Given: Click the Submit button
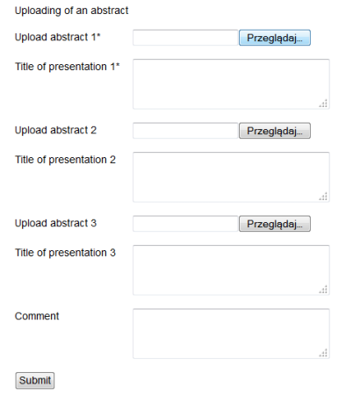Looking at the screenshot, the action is tap(35, 380).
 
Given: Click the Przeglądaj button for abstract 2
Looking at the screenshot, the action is tap(275, 131).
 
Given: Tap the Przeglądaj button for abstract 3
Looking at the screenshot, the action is tap(275, 224).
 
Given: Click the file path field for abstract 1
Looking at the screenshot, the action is tap(185, 38).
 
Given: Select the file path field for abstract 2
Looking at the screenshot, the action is tap(185, 131).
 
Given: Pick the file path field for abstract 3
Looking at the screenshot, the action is tap(185, 224).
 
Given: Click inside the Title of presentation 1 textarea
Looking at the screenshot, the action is tap(231, 84).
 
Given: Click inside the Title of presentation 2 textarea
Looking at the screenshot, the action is tap(231, 177).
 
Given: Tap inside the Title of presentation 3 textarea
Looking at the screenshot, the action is tap(231, 270).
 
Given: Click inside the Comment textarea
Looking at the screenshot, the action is tap(231, 334).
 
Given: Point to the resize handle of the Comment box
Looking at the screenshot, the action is tap(323, 353).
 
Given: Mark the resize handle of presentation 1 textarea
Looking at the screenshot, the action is tap(323, 104).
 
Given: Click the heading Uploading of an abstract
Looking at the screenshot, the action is tap(71, 11).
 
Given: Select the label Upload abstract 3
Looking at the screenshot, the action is tap(55, 223).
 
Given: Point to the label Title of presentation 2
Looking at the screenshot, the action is tap(65, 160).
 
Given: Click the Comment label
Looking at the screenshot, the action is tap(37, 316).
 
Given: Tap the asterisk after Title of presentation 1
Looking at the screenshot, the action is tap(118, 64).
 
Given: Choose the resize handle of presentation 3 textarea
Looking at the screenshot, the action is tap(323, 290).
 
